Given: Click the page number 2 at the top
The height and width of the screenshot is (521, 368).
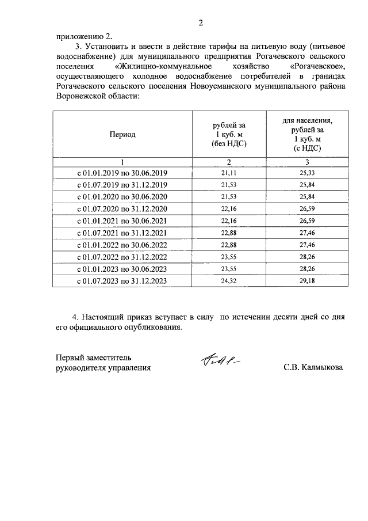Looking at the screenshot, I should (x=201, y=23).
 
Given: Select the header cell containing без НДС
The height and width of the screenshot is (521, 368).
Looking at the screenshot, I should (x=229, y=134).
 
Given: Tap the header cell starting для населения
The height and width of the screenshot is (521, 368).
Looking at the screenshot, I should (x=307, y=134).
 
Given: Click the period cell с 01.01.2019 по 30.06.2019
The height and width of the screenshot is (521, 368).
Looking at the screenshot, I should (x=122, y=173).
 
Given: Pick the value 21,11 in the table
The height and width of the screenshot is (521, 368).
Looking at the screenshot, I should (x=229, y=173).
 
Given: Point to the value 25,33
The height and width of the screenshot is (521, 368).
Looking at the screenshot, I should (x=307, y=173).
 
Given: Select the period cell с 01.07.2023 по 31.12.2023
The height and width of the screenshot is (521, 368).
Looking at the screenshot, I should (x=122, y=281).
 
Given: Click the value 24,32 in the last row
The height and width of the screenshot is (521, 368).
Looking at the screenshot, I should (x=229, y=281).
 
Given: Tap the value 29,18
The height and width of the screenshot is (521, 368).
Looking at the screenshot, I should (x=307, y=281).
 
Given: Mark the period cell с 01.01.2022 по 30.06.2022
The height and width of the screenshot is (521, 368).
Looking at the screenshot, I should (x=122, y=245).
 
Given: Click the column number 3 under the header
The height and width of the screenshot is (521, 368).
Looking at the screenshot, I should (x=307, y=161).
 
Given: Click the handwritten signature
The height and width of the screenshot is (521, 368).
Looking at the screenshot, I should (x=220, y=360).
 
